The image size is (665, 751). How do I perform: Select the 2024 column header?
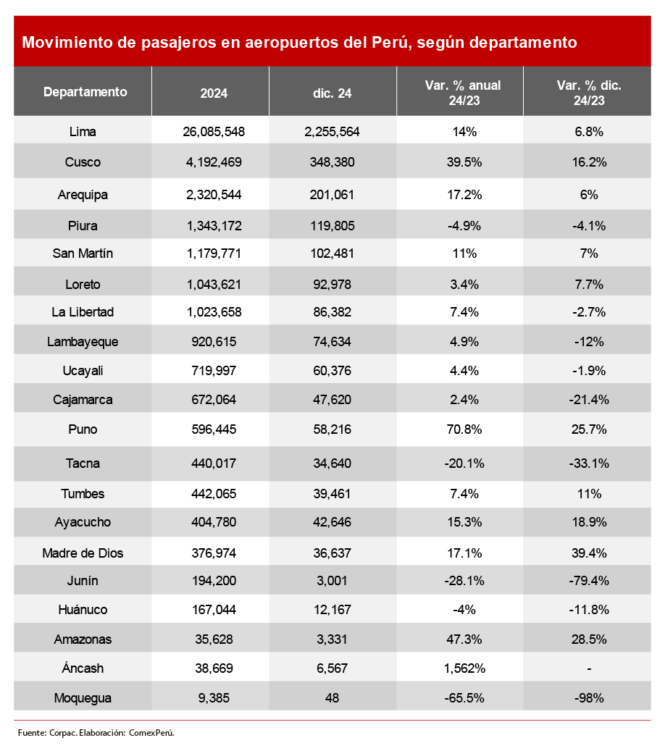[x=214, y=93]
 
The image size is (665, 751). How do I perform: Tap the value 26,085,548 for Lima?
[x=214, y=132]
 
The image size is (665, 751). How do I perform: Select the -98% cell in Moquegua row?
[x=588, y=698]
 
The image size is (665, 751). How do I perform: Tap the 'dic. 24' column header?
[x=333, y=93]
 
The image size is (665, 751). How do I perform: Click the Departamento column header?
[x=85, y=92]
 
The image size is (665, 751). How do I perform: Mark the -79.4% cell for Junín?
[x=588, y=581]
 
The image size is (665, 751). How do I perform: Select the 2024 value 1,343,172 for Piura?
[x=214, y=225]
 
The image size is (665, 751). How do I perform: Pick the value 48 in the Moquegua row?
[x=332, y=698]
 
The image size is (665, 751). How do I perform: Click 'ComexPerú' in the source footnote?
[x=151, y=732]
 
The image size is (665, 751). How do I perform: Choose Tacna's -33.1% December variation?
[x=588, y=463]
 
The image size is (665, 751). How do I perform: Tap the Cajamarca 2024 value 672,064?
[x=214, y=400]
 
